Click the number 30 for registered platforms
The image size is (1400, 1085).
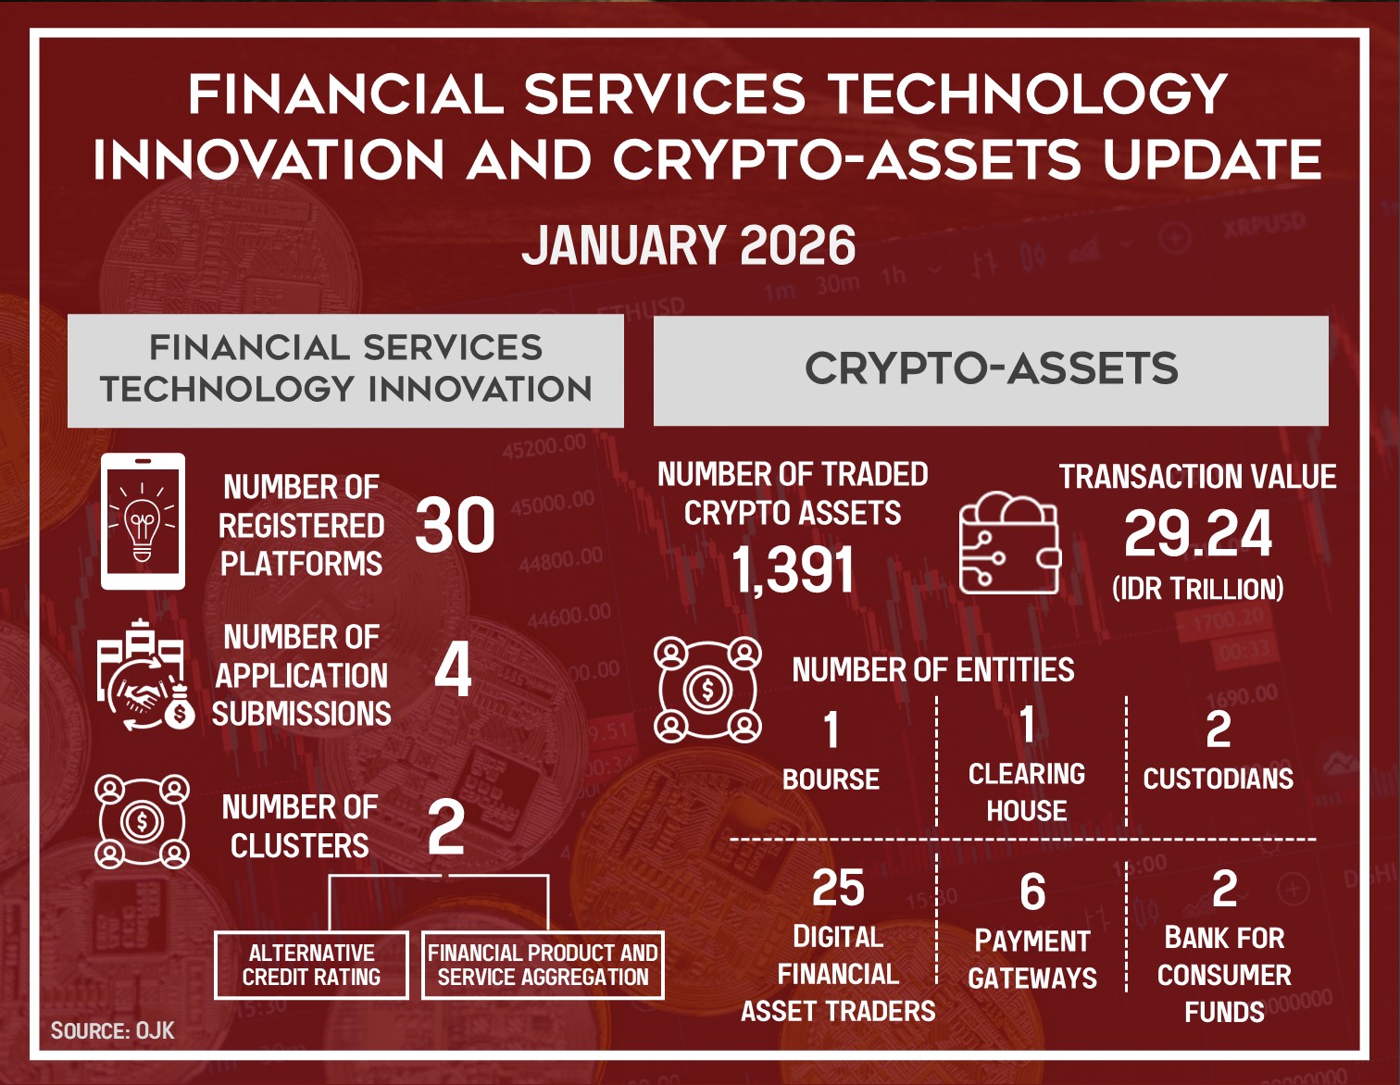[455, 525]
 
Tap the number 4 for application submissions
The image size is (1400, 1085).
[453, 672]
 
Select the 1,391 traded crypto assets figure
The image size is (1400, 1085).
[793, 569]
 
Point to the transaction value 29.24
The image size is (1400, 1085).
[1198, 533]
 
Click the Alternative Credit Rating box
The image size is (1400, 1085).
[311, 965]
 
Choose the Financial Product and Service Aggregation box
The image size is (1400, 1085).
[543, 965]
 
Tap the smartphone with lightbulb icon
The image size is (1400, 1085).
[143, 521]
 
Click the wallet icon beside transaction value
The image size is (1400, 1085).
[1009, 542]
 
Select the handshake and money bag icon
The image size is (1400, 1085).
[145, 675]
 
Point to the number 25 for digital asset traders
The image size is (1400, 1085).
[838, 888]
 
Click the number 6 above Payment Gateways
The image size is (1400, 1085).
[1032, 892]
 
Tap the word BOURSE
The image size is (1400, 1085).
[831, 779]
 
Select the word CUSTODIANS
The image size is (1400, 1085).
[1218, 779]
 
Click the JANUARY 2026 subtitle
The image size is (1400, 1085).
[688, 245]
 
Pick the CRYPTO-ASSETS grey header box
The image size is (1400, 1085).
[991, 370]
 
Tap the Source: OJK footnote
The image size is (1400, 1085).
[112, 1031]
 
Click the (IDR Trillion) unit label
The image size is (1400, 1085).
[1198, 589]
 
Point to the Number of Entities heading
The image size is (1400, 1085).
[933, 669]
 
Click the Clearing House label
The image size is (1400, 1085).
[1026, 792]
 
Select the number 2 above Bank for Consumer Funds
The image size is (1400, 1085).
[1224, 889]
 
